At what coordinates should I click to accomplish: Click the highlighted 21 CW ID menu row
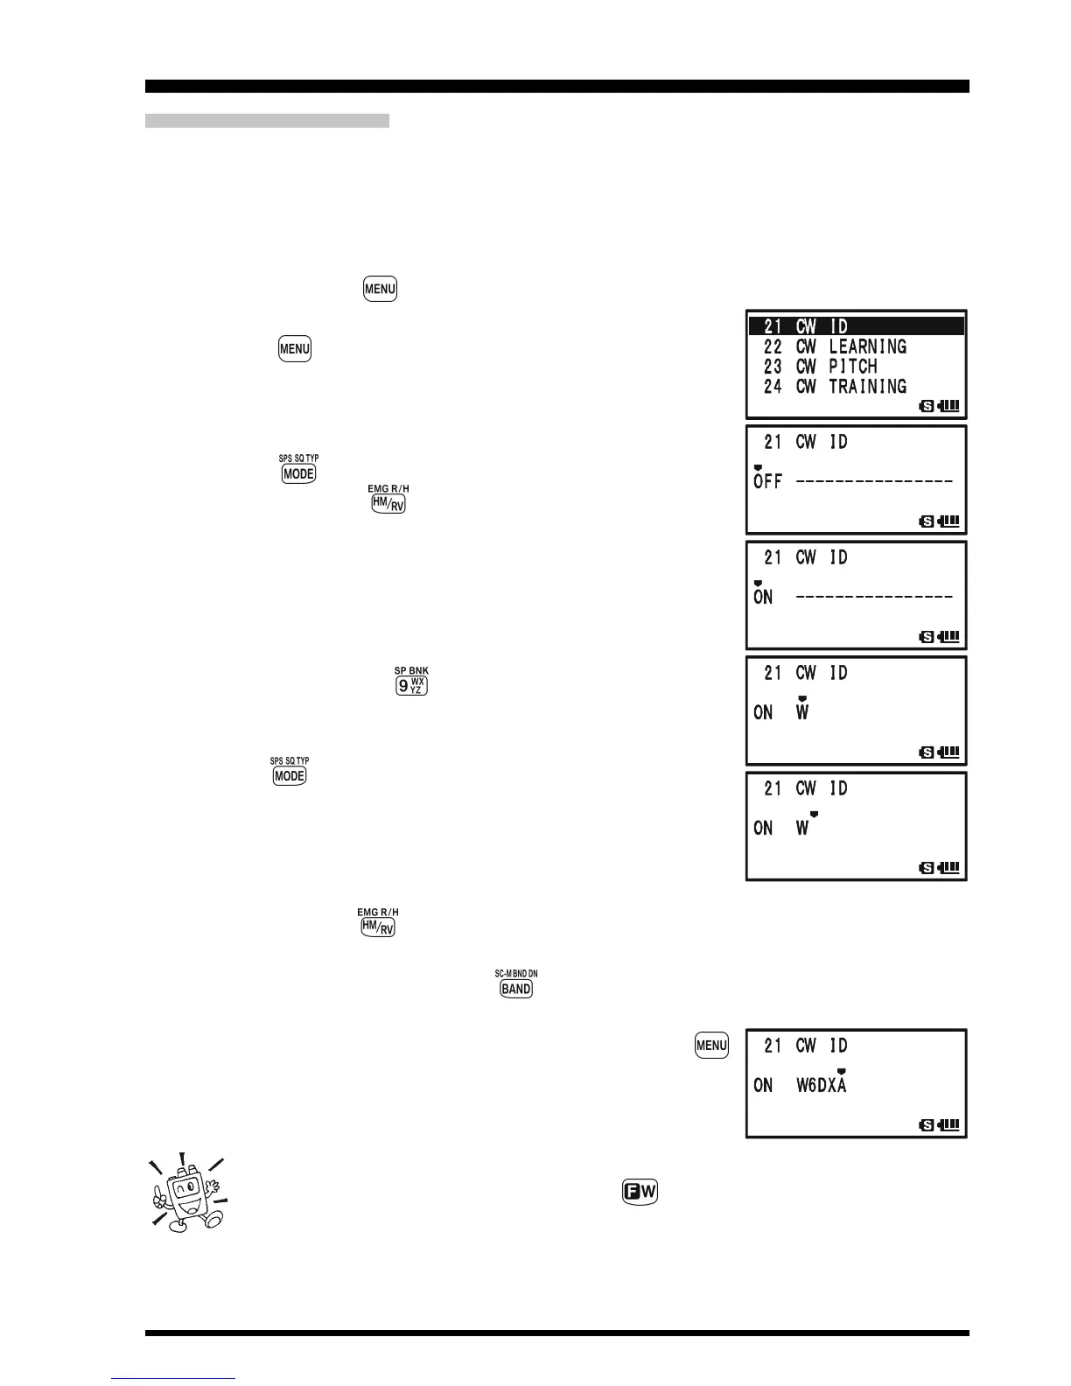[x=856, y=326]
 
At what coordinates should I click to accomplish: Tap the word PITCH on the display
[x=852, y=367]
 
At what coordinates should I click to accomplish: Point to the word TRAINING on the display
[x=867, y=387]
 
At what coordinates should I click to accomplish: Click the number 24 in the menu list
[x=773, y=387]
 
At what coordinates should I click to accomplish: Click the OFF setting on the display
[x=767, y=481]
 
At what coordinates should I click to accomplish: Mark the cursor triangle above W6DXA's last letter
[x=841, y=1071]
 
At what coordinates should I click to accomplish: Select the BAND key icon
[x=516, y=989]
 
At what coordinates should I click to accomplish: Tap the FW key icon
[x=640, y=1192]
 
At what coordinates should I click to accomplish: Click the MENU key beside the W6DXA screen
[x=711, y=1045]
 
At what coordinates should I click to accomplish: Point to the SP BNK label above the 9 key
[x=411, y=671]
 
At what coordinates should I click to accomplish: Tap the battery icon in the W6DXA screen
[x=948, y=1124]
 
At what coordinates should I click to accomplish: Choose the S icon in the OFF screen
[x=927, y=521]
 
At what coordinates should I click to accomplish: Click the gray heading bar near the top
[x=267, y=121]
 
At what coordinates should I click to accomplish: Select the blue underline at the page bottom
[x=174, y=1379]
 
